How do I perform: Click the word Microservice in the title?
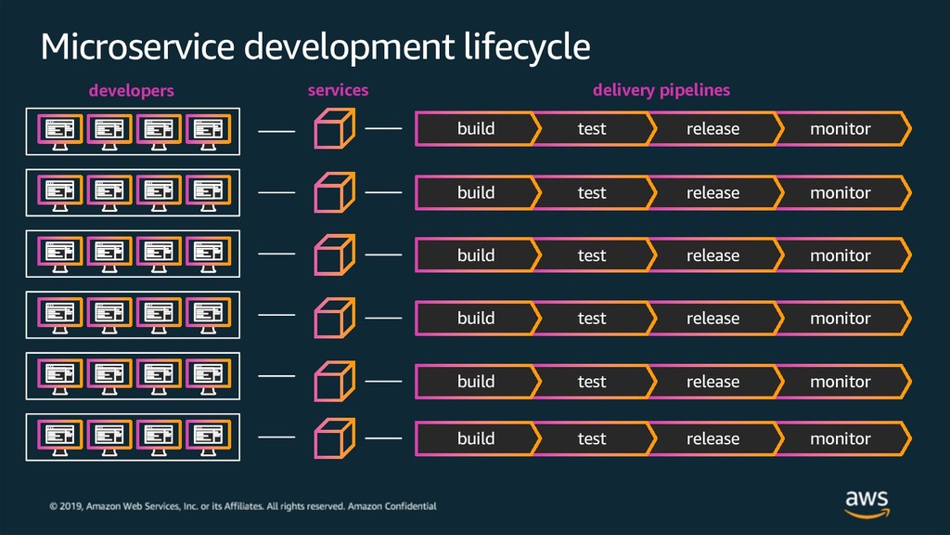click(137, 46)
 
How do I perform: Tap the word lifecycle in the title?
click(527, 47)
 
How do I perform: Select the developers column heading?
click(132, 90)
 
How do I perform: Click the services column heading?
click(338, 90)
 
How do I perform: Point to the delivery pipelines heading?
click(661, 90)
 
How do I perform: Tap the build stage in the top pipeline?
click(476, 128)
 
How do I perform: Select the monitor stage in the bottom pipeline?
click(842, 438)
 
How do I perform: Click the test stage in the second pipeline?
click(592, 193)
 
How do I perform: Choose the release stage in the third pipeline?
click(713, 255)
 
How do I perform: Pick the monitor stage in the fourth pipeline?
click(842, 318)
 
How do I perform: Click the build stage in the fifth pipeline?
click(476, 382)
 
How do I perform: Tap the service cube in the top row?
click(334, 128)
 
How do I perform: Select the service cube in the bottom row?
click(334, 438)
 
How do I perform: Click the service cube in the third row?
click(334, 254)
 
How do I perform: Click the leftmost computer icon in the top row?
click(60, 132)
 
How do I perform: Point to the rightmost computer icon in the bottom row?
click(209, 437)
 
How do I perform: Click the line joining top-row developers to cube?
click(276, 131)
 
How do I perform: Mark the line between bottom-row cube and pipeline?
click(383, 438)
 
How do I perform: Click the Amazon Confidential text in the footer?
click(392, 506)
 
